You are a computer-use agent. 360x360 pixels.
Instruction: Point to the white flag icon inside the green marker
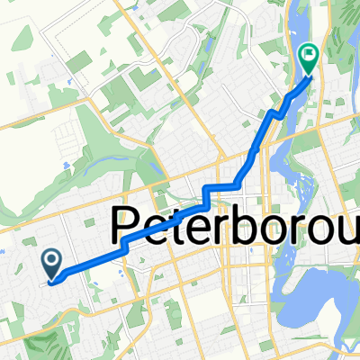coord(309,54)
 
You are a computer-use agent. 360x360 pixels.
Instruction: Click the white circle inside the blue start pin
coord(51,261)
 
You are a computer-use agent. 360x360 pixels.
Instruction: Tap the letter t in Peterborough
coord(193,227)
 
